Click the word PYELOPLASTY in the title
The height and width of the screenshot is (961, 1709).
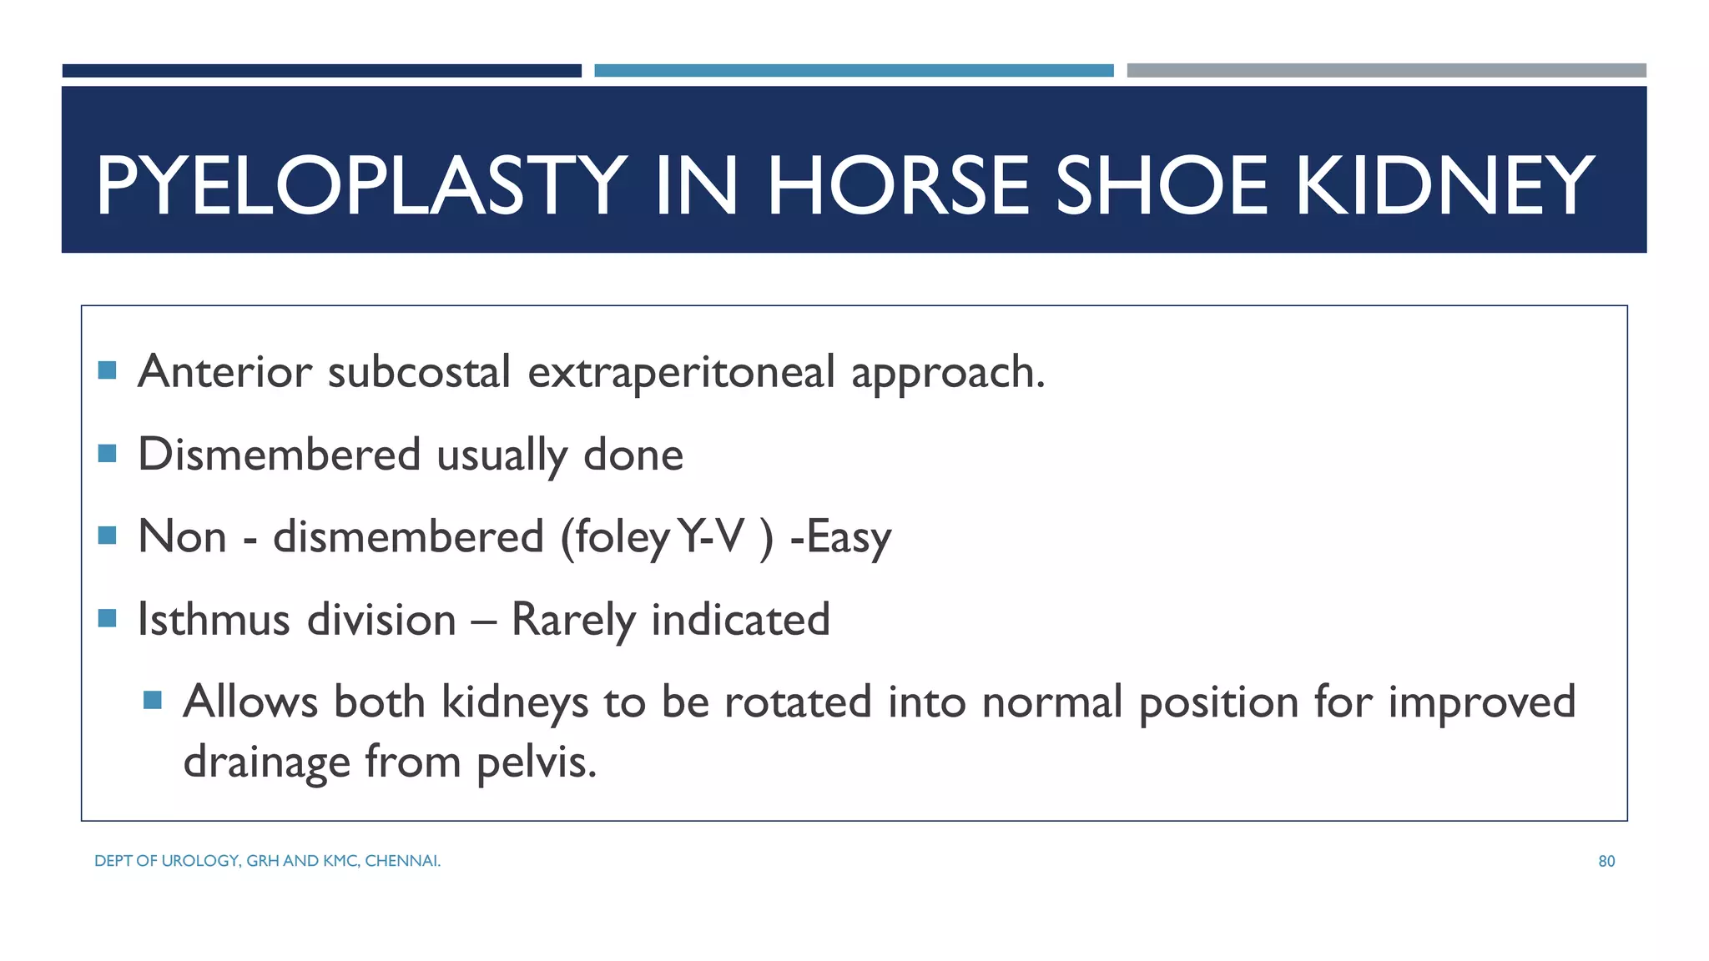coord(361,185)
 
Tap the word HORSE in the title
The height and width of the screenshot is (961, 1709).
coord(898,185)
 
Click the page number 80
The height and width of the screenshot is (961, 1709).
coord(1606,862)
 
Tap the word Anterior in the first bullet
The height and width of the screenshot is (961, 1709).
coord(224,371)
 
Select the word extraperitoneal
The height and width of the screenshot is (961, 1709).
coord(681,373)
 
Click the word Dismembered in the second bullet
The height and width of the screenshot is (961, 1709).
coord(279,455)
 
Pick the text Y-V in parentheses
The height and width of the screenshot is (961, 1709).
coord(711,536)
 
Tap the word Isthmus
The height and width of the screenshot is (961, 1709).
coord(214,620)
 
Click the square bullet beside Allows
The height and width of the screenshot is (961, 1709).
coord(152,700)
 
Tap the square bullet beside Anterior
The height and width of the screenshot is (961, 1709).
coord(107,370)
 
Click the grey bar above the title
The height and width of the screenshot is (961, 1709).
coord(1386,71)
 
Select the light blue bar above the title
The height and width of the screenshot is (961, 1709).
coord(854,71)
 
